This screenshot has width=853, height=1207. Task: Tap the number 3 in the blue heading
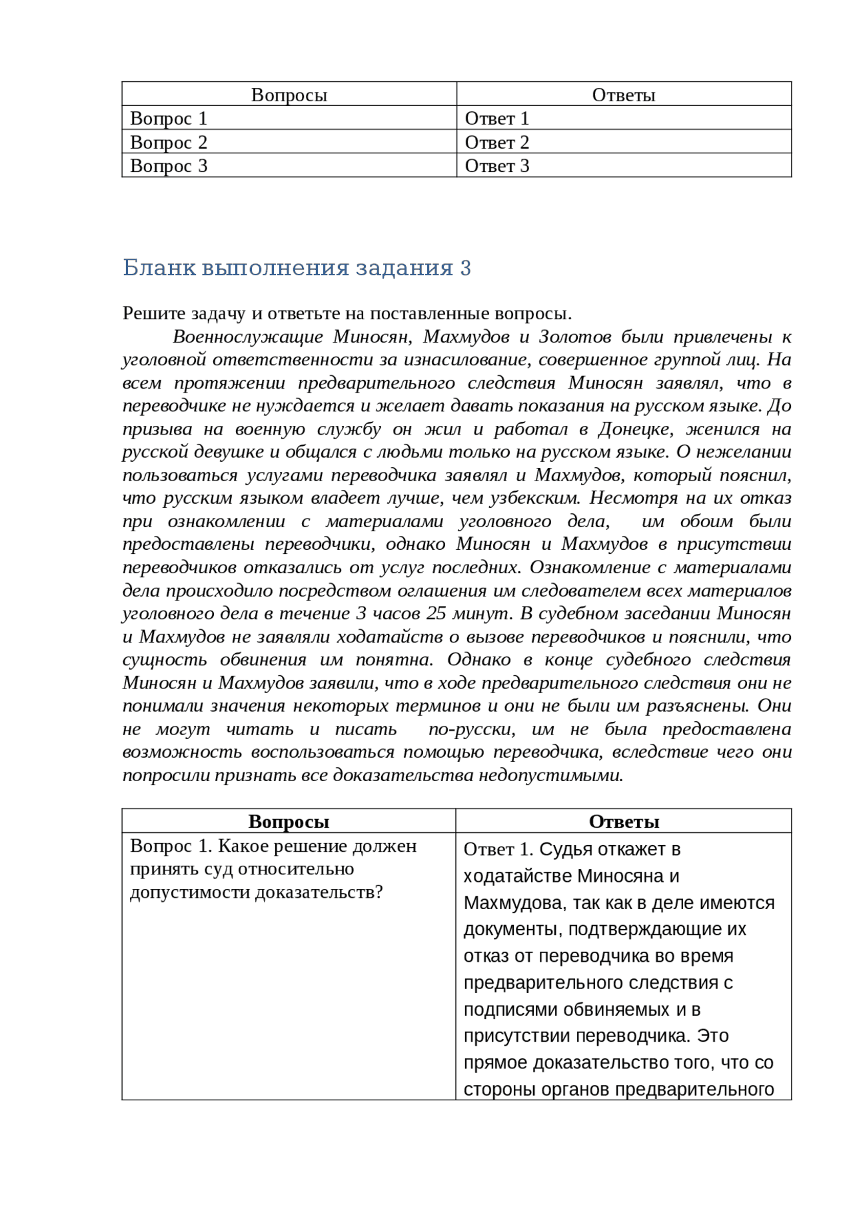coord(465,267)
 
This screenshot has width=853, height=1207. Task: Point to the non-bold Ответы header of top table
coord(623,95)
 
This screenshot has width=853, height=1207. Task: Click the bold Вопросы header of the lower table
coord(289,821)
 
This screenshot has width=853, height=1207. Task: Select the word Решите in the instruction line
coord(154,313)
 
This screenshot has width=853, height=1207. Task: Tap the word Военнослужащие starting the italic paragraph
coord(247,337)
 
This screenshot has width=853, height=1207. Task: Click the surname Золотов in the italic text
coord(574,337)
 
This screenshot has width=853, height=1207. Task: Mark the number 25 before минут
coord(436,613)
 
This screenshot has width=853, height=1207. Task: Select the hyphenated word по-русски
coord(471,728)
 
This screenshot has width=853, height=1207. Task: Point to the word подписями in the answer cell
coord(511,1009)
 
